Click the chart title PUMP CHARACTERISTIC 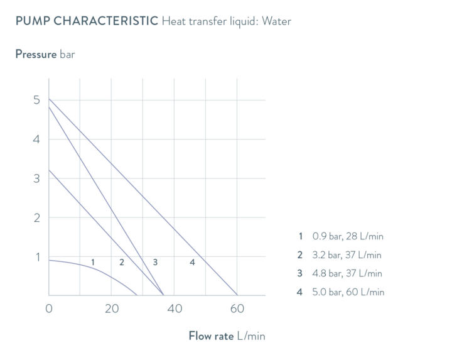tap(85, 21)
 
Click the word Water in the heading tap(277, 21)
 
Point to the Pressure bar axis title tap(45, 54)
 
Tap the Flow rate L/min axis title tap(227, 336)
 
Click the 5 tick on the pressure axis tap(36, 101)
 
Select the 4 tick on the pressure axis tap(36, 139)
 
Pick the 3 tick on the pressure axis tap(36, 178)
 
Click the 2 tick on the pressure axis tap(36, 218)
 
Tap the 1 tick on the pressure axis tap(36, 257)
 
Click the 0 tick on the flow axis tap(49, 308)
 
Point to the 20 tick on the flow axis tap(112, 308)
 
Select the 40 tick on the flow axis tap(175, 308)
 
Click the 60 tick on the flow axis tap(237, 308)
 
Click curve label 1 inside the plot tap(92, 262)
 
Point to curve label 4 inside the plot tap(192, 262)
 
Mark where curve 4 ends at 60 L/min tap(237, 295)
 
